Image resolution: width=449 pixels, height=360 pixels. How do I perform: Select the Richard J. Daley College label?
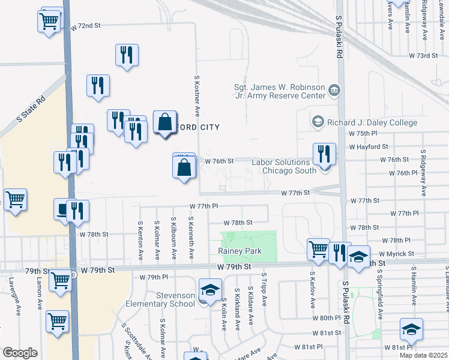pyautogui.click(x=372, y=122)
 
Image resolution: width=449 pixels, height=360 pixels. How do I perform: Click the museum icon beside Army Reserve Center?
pyautogui.click(x=334, y=91)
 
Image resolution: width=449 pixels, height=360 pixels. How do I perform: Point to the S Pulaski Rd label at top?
pyautogui.click(x=339, y=37)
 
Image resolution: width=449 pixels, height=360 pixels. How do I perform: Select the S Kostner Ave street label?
pyautogui.click(x=196, y=96)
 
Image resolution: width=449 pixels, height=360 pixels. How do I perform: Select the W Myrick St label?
pyautogui.click(x=396, y=254)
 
